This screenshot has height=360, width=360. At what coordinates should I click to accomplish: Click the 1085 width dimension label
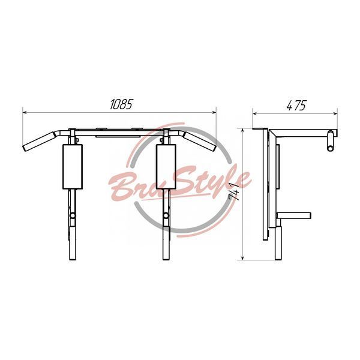pyautogui.click(x=121, y=104)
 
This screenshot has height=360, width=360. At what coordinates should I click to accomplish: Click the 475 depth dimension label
pyautogui.click(x=296, y=106)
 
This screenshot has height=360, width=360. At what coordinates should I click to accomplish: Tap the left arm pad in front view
pyautogui.click(x=73, y=167)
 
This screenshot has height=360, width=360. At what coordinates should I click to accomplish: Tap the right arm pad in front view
pyautogui.click(x=166, y=167)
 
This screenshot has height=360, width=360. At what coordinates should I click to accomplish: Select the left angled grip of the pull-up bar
pyautogui.click(x=38, y=141)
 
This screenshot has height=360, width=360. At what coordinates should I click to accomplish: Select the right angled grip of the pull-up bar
pyautogui.click(x=200, y=141)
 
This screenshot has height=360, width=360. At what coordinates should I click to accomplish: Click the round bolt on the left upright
pyautogui.click(x=73, y=215)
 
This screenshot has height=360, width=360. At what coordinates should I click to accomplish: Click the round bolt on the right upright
pyautogui.click(x=166, y=215)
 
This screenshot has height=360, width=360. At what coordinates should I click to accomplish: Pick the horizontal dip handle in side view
pyautogui.click(x=294, y=215)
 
